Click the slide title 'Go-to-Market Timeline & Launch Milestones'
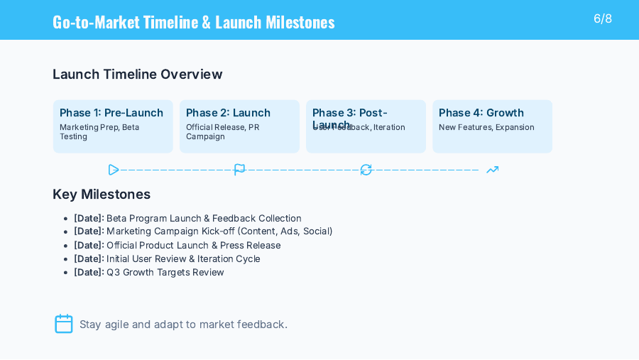click(193, 21)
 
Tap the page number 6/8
click(603, 18)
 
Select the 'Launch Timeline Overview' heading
click(137, 74)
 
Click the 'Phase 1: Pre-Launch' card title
click(111, 113)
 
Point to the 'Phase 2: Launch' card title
click(228, 113)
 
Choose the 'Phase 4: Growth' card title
click(481, 113)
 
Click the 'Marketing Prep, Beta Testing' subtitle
click(99, 131)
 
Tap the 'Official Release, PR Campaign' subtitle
click(223, 131)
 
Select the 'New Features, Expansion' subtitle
click(486, 127)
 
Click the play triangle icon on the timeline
click(114, 170)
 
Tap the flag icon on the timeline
click(240, 170)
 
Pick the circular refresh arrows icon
click(366, 170)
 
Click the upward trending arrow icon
click(492, 170)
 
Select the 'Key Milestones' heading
click(102, 194)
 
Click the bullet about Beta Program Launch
click(187, 218)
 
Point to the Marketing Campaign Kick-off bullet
click(203, 231)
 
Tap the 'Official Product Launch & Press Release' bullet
click(177, 245)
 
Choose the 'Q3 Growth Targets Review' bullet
click(149, 272)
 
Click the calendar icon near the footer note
click(64, 324)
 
